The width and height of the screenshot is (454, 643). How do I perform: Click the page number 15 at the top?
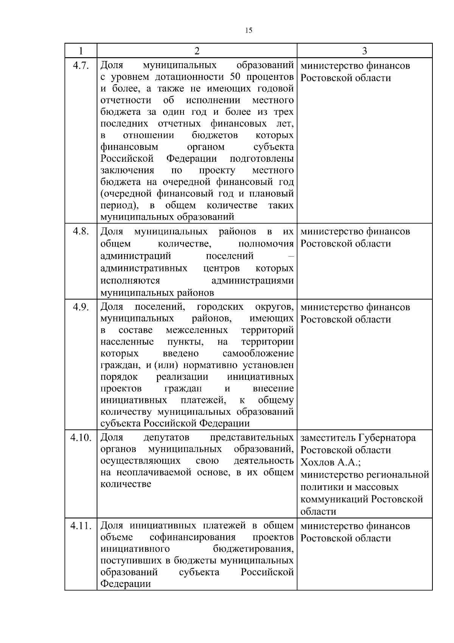pos(249,31)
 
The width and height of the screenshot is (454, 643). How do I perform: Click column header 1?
pos(81,51)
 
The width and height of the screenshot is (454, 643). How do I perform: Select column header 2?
pos(197,51)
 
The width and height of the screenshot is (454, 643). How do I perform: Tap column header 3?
pos(364,51)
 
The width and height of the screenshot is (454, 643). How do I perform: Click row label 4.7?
pos(81,66)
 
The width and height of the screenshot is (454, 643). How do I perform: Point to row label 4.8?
pos(81,231)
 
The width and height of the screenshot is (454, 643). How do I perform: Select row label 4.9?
pos(81,307)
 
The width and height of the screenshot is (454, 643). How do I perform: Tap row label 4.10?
pos(81,438)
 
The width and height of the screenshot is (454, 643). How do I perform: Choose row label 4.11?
pos(81,526)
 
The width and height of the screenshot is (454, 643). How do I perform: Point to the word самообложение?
pos(258,354)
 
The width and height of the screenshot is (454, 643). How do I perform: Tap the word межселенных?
pos(196,330)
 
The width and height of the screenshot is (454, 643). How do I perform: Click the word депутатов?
pos(166,438)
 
